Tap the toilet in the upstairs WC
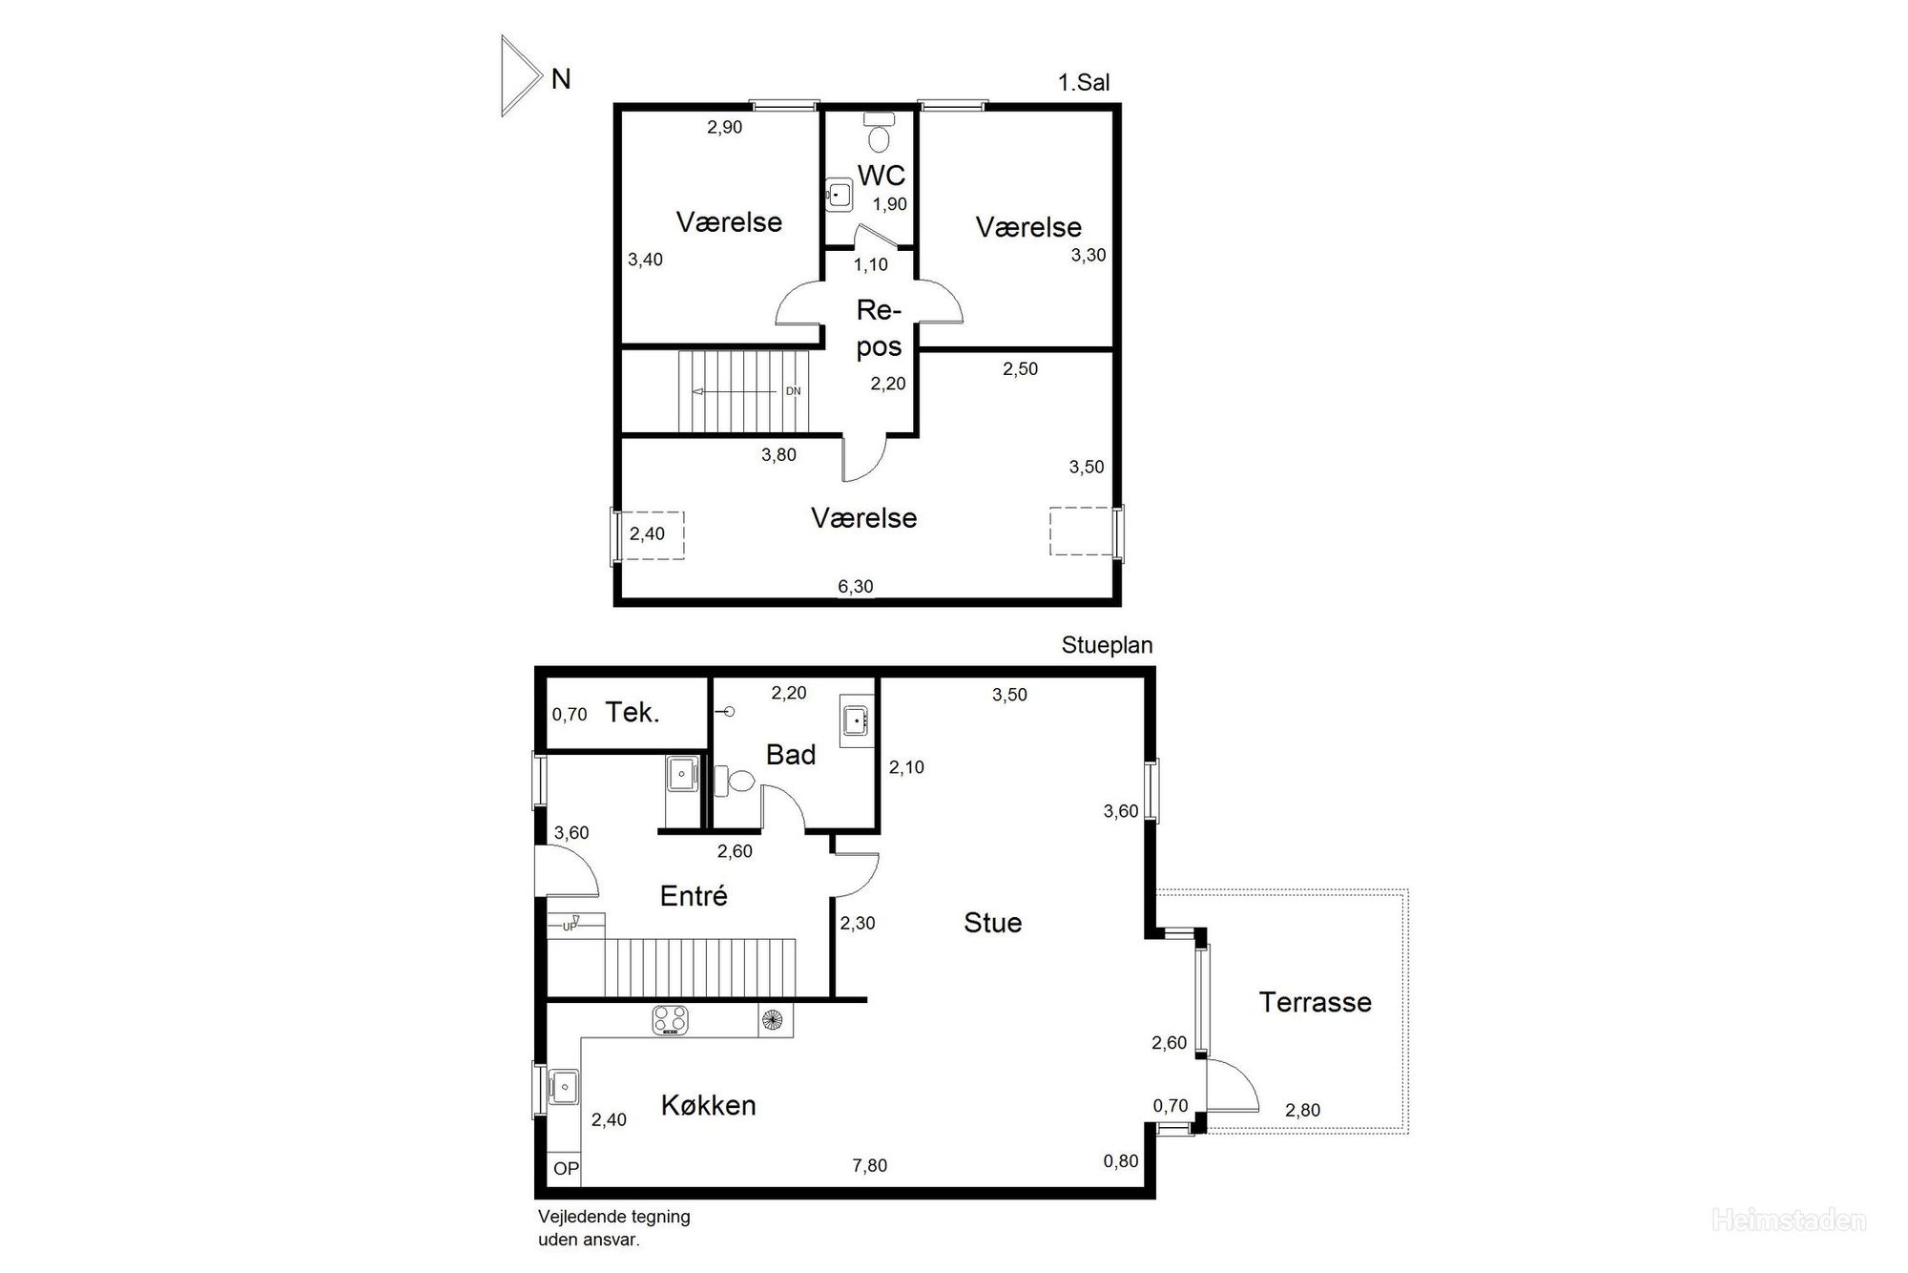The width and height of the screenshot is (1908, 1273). click(x=878, y=133)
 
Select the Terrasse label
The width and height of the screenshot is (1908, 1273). click(x=1315, y=1002)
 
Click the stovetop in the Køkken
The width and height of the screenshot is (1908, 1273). click(x=671, y=1020)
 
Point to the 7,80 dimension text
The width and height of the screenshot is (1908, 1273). click(x=869, y=1165)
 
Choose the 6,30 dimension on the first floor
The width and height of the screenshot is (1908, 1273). click(x=855, y=586)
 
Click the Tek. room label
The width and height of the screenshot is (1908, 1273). click(x=633, y=712)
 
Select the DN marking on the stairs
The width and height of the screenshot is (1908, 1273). click(x=793, y=391)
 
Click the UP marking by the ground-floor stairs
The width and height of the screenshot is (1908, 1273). click(x=570, y=927)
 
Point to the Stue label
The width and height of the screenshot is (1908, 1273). click(x=992, y=923)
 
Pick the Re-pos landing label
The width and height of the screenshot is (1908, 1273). click(x=879, y=328)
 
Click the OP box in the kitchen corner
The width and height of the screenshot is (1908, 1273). click(x=566, y=1169)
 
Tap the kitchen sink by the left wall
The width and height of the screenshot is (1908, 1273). click(x=564, y=1086)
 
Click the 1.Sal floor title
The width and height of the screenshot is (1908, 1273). click(x=1084, y=83)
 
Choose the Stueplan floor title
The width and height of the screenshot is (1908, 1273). click(x=1107, y=645)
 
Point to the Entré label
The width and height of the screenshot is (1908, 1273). click(x=694, y=895)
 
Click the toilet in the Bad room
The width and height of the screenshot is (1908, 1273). click(x=735, y=782)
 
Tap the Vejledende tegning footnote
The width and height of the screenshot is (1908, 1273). click(x=613, y=1228)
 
